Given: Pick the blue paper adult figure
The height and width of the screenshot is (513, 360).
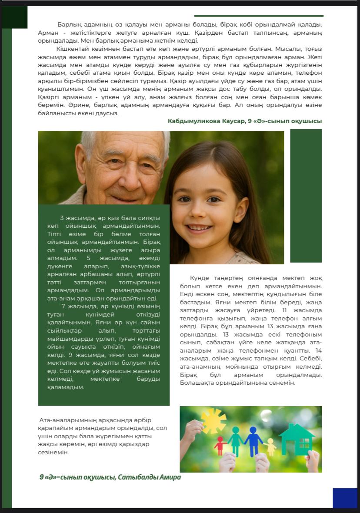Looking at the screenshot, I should point(253,440).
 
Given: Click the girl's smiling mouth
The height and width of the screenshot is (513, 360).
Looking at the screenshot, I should point(200,228).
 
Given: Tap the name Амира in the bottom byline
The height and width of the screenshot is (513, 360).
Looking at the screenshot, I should point(170,477).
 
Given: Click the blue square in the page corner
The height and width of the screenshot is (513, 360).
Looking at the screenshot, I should point(345,498).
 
